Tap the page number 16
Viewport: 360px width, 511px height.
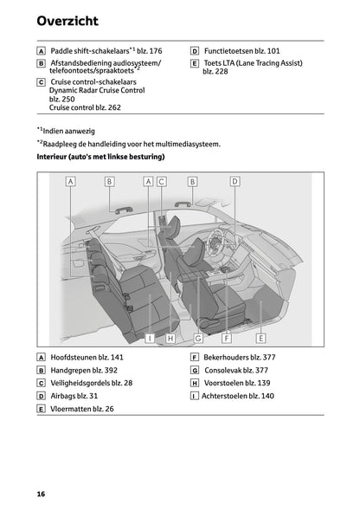[x=41, y=494]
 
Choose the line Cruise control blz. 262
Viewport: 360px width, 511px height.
[x=85, y=108]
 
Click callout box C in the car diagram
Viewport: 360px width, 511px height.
[x=161, y=182]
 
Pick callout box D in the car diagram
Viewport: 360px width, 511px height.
[x=235, y=182]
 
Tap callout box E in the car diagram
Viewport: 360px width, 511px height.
[x=260, y=338]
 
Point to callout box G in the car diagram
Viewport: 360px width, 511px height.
[x=198, y=338]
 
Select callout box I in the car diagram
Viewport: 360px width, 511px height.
[x=150, y=338]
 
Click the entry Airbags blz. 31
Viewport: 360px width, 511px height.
[x=74, y=396]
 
